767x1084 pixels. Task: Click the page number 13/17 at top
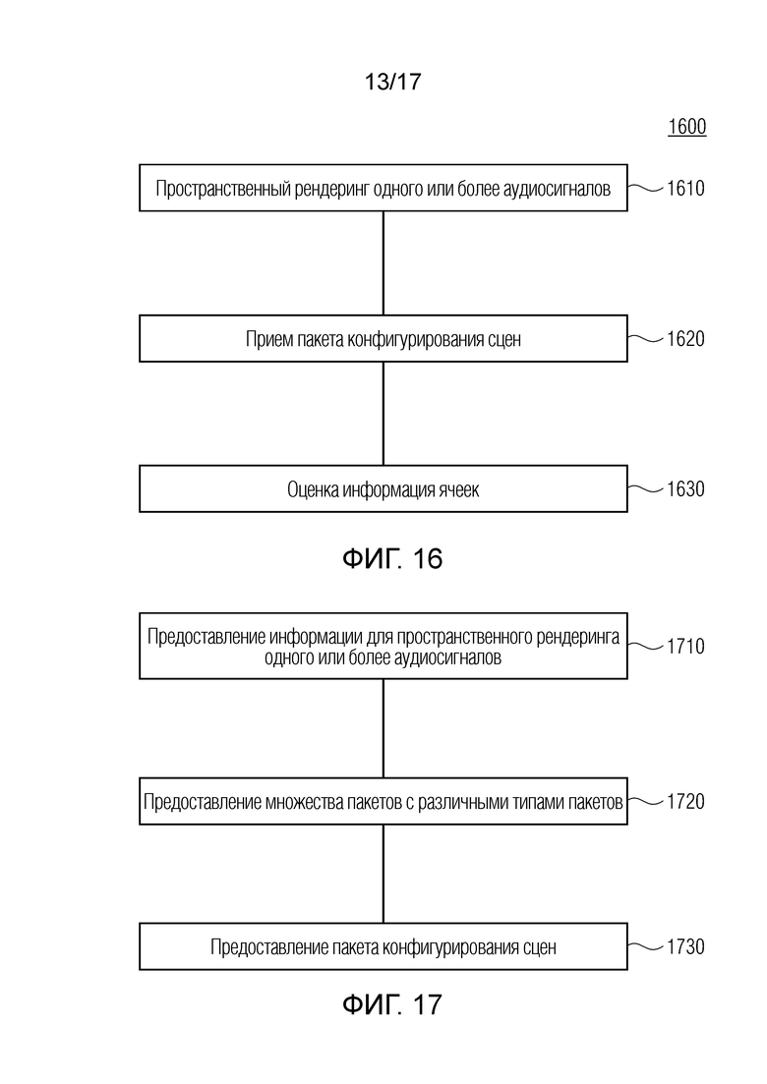[x=392, y=82]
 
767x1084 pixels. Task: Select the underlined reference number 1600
[x=686, y=127]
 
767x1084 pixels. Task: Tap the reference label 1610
[x=685, y=188]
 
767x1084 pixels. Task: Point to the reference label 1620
[x=685, y=339]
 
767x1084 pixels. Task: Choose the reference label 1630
[x=685, y=489]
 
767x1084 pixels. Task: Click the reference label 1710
[x=685, y=647]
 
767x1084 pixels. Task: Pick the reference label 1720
[x=685, y=802]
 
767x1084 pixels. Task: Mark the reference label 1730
[x=685, y=946]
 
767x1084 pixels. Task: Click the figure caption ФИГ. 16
[x=392, y=558]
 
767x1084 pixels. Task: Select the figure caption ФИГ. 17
[x=392, y=1004]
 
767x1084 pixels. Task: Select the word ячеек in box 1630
[x=458, y=490]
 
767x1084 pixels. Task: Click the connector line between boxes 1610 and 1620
[x=383, y=263]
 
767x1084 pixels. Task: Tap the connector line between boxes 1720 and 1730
[x=383, y=874]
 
